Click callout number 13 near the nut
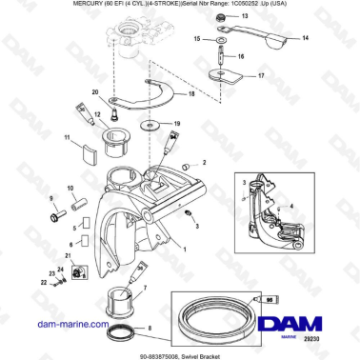[x=244, y=17]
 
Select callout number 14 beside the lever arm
[x=305, y=39]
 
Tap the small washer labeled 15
[x=220, y=41]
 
